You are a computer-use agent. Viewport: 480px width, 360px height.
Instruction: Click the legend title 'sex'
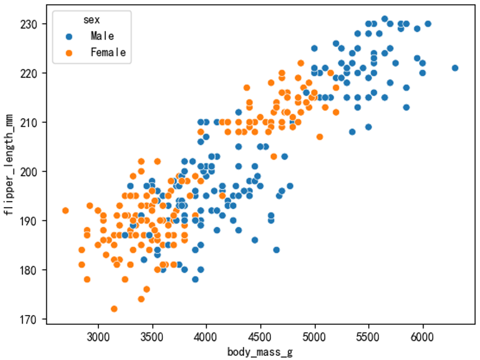92,20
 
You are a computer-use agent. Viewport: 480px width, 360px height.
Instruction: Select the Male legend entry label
102,36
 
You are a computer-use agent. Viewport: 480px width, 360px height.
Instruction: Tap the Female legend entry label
108,53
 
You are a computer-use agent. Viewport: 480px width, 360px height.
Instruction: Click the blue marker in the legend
69,36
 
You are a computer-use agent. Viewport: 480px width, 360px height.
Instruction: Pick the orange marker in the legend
69,53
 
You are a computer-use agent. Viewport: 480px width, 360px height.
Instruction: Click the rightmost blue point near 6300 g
455,68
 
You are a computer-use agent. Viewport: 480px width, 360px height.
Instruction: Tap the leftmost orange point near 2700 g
66,211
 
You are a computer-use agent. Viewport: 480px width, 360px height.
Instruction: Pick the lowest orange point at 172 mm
114,309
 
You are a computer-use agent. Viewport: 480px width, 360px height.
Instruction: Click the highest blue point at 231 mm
385,19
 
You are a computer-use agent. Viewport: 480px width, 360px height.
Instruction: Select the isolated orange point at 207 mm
320,137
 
